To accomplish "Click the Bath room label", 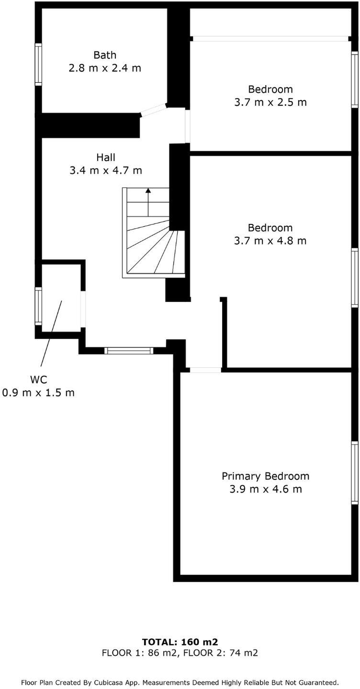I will [105, 56].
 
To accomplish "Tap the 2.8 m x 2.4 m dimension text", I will [105, 68].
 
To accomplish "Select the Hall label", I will [106, 157].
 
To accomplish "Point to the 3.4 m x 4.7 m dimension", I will [106, 170].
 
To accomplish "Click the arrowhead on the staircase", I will [148, 190].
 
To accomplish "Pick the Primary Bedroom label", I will [265, 476].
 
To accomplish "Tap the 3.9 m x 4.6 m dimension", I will [265, 489].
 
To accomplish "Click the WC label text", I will [38, 380].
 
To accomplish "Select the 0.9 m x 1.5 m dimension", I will [38, 393].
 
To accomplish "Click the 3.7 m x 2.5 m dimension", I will [270, 102].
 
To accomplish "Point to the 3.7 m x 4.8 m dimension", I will [270, 241].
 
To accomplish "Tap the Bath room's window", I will [38, 65].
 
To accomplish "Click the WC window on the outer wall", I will [38, 306].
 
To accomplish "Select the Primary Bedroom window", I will [355, 473].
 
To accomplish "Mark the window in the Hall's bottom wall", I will [129, 351].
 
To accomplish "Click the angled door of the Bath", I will [154, 110].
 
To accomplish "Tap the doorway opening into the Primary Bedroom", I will [205, 370].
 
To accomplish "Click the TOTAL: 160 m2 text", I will [180, 642].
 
